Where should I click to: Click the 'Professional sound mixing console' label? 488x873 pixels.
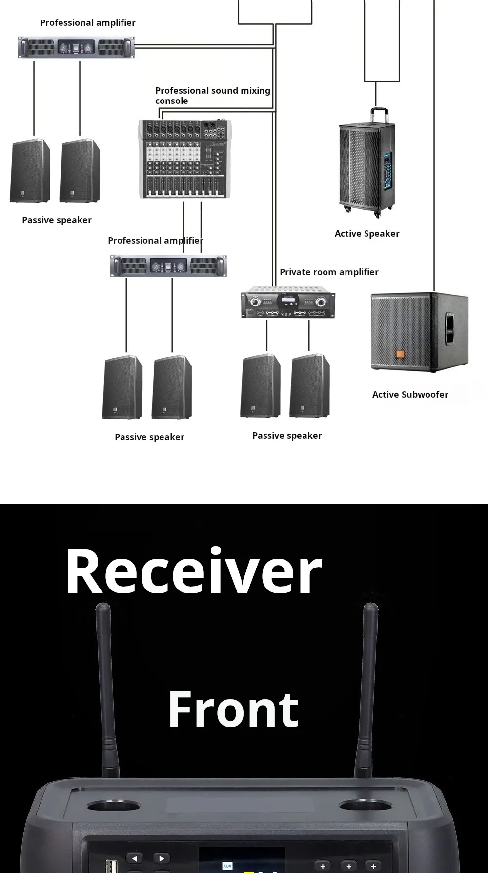point(212,96)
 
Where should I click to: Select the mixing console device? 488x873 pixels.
point(185,159)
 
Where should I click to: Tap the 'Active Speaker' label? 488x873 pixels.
point(367,234)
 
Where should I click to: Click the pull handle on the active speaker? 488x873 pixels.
point(379,115)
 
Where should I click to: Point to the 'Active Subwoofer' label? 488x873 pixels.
point(410,395)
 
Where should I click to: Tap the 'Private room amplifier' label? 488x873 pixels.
point(329,272)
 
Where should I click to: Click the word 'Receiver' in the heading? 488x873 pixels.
point(194,571)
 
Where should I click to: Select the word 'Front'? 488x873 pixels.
point(233,710)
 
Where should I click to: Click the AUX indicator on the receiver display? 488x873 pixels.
point(227,866)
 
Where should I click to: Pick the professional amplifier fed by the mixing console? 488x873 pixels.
point(168,266)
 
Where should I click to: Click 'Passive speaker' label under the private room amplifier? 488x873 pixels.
point(287,436)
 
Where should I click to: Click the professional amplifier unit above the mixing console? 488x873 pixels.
point(76,47)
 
